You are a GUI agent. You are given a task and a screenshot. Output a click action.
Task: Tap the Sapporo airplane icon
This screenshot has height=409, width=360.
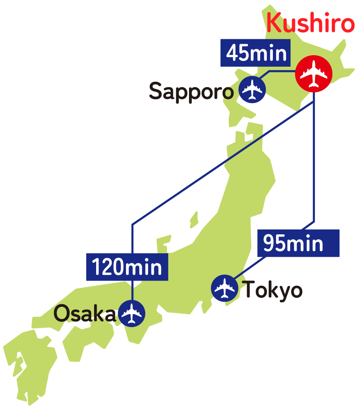(x=252, y=90)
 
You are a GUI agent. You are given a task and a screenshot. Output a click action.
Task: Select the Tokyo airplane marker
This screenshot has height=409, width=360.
(x=225, y=288)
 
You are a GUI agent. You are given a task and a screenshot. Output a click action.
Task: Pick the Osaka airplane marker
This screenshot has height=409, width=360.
(x=131, y=313)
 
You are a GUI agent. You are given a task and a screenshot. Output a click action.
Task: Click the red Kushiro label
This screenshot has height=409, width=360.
(x=310, y=24)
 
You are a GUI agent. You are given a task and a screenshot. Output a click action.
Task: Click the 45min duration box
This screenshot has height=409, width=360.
(x=256, y=53)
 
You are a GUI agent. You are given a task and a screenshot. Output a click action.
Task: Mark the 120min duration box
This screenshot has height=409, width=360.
(x=127, y=267)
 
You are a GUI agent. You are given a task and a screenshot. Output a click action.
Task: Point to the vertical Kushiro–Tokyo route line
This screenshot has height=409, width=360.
(x=314, y=164)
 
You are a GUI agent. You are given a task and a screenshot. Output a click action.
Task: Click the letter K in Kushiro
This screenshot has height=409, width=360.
(x=274, y=24)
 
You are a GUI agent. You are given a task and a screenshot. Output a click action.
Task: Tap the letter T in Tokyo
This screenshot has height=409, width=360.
(x=250, y=289)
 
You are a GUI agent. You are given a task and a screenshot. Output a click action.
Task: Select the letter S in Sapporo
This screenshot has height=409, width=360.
(x=155, y=91)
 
